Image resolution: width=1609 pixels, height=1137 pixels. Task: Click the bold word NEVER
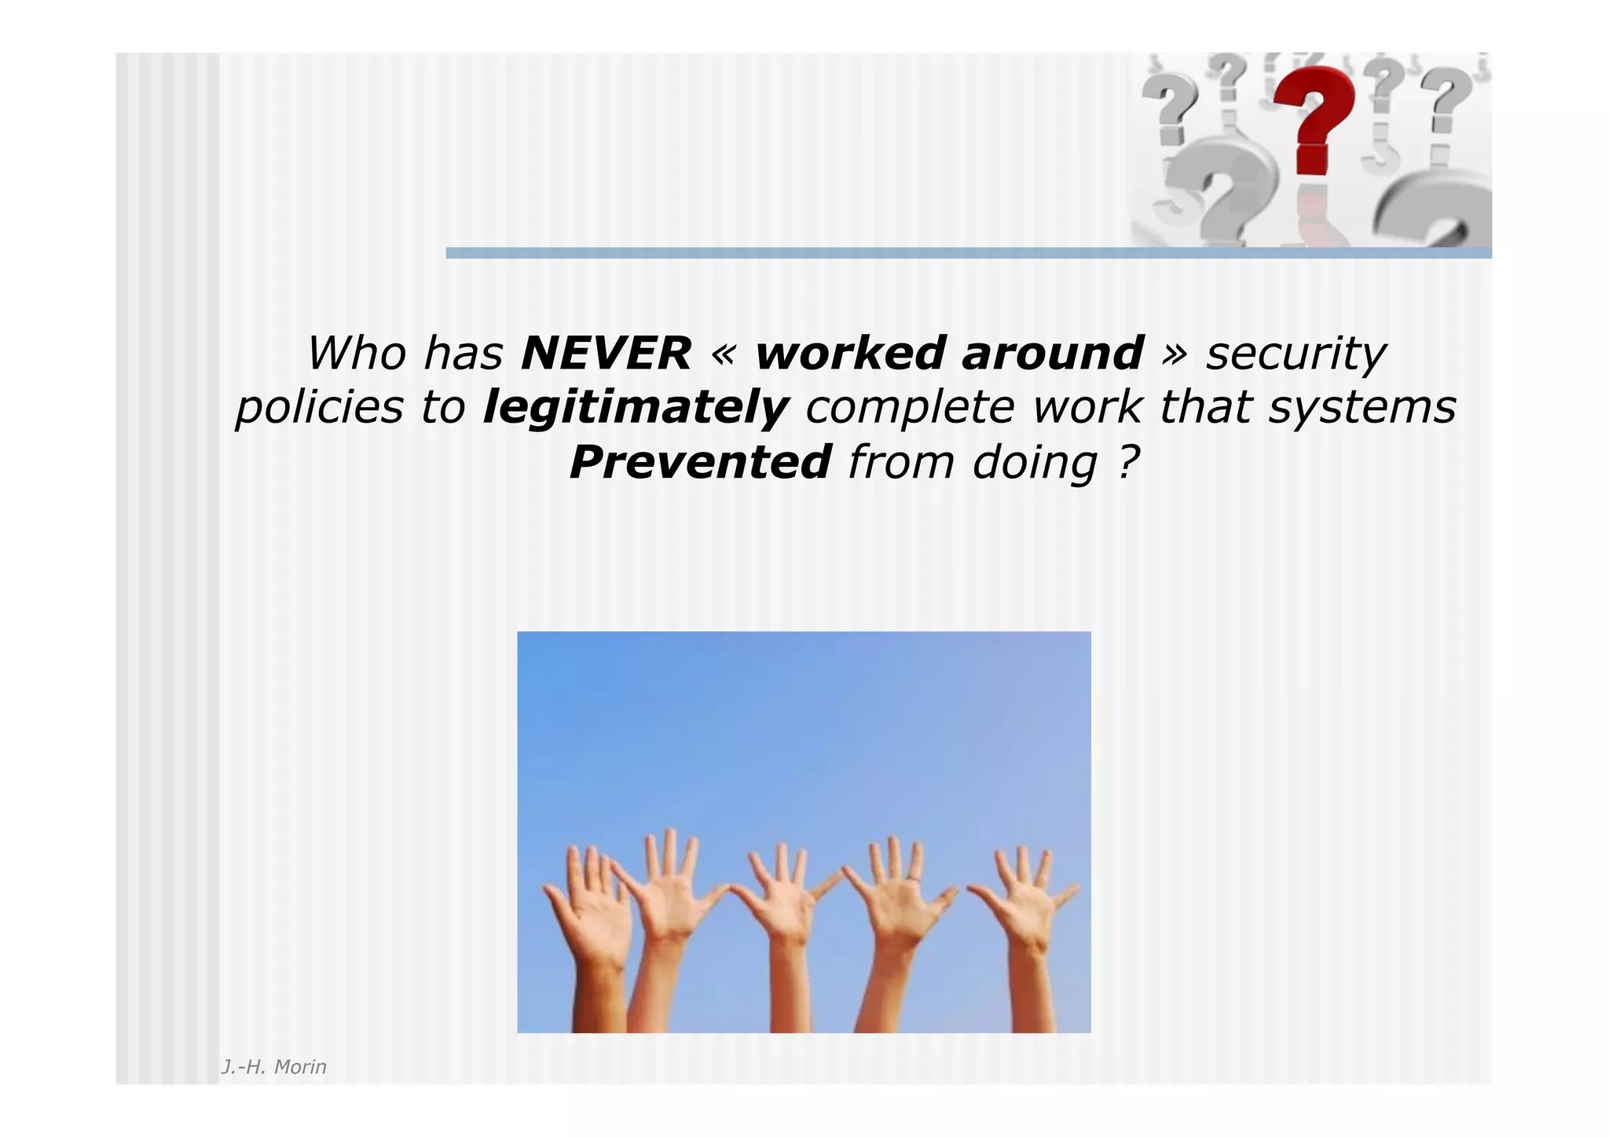click(606, 354)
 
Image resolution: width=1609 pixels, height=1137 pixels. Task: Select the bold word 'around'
click(1053, 354)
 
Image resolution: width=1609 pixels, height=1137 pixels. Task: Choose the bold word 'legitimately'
click(636, 409)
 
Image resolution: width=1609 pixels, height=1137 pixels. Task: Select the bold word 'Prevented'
click(700, 462)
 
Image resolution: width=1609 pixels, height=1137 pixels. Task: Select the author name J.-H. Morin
click(273, 1067)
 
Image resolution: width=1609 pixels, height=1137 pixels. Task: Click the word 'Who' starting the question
click(356, 354)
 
